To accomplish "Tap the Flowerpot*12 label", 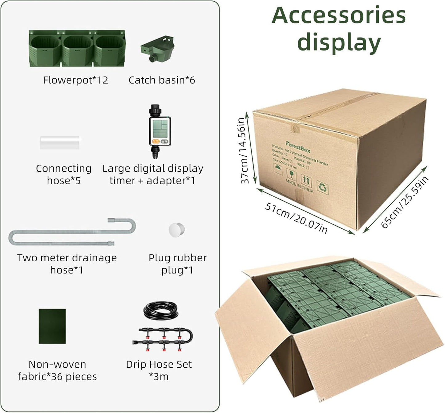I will coord(75,80).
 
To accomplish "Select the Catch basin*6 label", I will coord(162,80).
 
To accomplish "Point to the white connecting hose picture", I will coord(60,143).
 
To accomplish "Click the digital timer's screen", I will coord(160,129).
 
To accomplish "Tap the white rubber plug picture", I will coord(176,230).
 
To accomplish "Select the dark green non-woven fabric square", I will coord(52,326).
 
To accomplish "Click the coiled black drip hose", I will coord(160,310).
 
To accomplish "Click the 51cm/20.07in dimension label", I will coord(296,218).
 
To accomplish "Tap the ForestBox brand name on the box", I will coord(298,147).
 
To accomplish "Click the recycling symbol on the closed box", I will coord(322,187).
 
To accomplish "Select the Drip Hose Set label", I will coord(159,364).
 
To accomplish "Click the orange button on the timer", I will coord(155,142).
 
